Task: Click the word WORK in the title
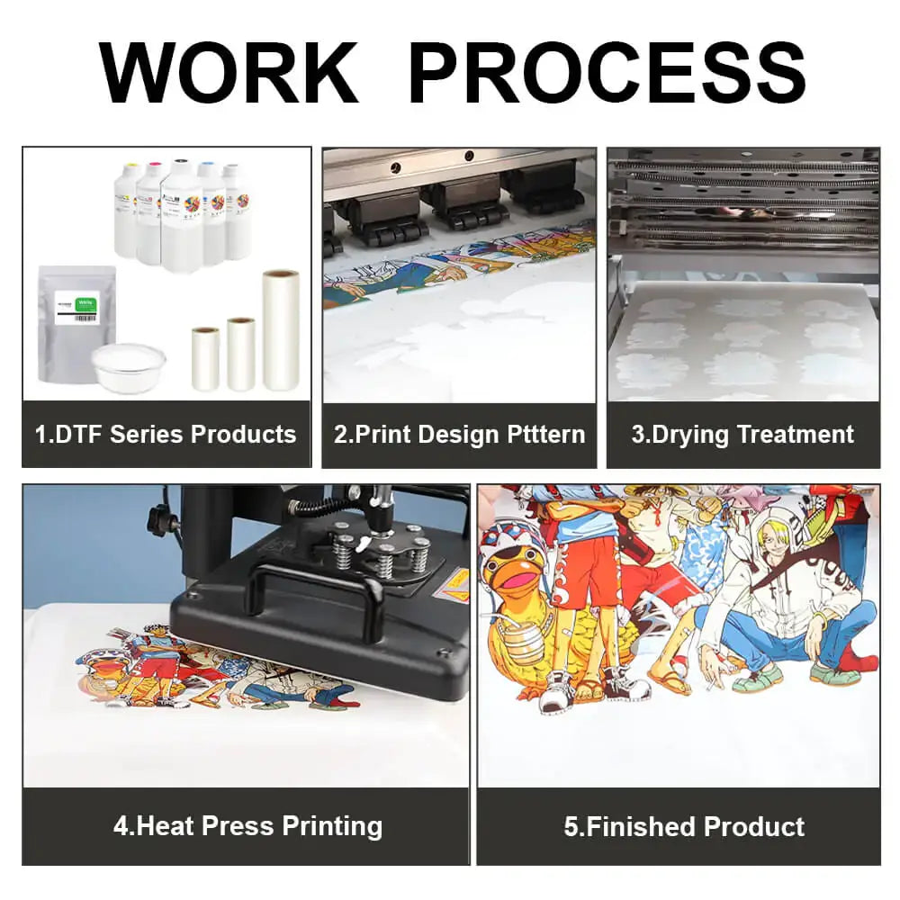point(229,73)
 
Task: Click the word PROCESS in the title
point(607,73)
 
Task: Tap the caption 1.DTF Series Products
point(166,435)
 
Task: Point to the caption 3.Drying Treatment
point(742,435)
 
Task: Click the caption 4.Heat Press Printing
point(248,826)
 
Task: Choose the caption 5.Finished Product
point(684,826)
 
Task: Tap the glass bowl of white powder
point(128,367)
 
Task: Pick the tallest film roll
point(281,330)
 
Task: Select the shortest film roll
point(205,359)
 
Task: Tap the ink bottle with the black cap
point(181,212)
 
